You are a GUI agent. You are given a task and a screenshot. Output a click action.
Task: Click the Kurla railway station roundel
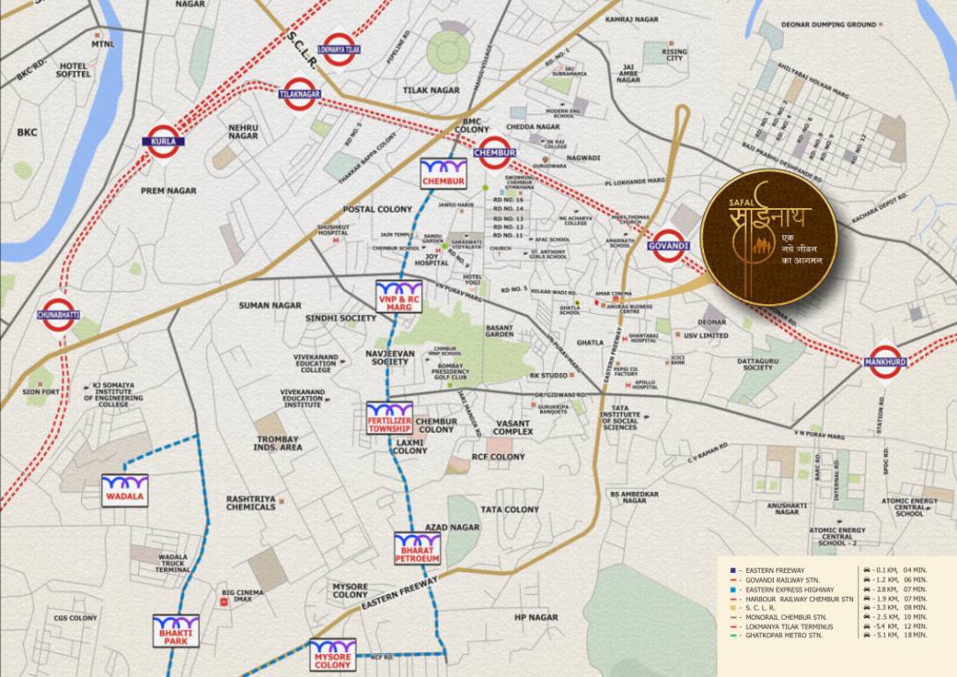coord(163,141)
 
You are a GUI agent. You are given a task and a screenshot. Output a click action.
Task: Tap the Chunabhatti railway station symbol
coord(58,315)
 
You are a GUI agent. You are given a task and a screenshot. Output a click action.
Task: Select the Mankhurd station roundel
coord(885,361)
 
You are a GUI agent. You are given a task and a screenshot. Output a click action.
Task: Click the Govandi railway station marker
coord(668,245)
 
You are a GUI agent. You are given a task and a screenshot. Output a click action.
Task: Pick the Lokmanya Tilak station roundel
coord(339,50)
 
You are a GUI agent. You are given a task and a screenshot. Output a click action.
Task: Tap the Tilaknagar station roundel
coord(300,93)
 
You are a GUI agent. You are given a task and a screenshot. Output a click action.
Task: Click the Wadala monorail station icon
coord(125,490)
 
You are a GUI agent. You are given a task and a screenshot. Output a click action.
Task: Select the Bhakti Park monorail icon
coord(176,630)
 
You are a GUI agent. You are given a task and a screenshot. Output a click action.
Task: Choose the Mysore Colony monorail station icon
coord(332,654)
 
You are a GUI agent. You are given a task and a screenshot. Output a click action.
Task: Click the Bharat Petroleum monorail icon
coord(417,548)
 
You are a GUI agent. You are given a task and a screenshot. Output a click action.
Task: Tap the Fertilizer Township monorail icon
coord(389,417)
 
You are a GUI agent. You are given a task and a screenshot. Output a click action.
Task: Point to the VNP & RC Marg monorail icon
coord(399,296)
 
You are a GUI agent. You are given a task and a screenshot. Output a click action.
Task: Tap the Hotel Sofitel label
coord(75,70)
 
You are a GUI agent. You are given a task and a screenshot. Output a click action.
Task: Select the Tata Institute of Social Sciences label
coord(619,417)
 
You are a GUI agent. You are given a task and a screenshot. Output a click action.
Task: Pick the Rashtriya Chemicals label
coord(250,502)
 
